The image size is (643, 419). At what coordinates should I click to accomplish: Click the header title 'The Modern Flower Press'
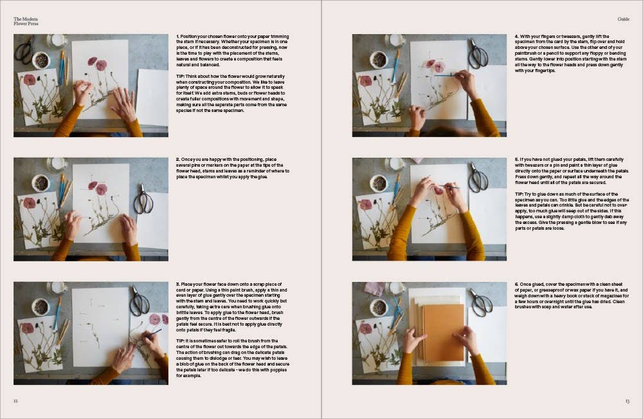click(x=26, y=21)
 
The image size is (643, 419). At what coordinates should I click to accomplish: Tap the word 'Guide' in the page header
click(x=623, y=19)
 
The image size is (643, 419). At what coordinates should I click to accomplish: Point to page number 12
click(x=16, y=400)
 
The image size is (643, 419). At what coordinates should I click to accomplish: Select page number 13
click(x=627, y=401)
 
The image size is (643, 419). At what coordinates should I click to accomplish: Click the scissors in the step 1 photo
click(x=25, y=50)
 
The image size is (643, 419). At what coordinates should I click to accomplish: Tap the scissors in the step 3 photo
click(x=140, y=301)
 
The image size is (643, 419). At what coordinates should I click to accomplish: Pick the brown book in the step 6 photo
click(x=443, y=332)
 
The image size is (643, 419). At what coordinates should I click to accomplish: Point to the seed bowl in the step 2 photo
click(x=41, y=183)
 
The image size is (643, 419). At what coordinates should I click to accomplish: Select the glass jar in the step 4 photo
click(x=395, y=41)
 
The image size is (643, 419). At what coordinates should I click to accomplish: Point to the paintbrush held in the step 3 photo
click(x=152, y=333)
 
